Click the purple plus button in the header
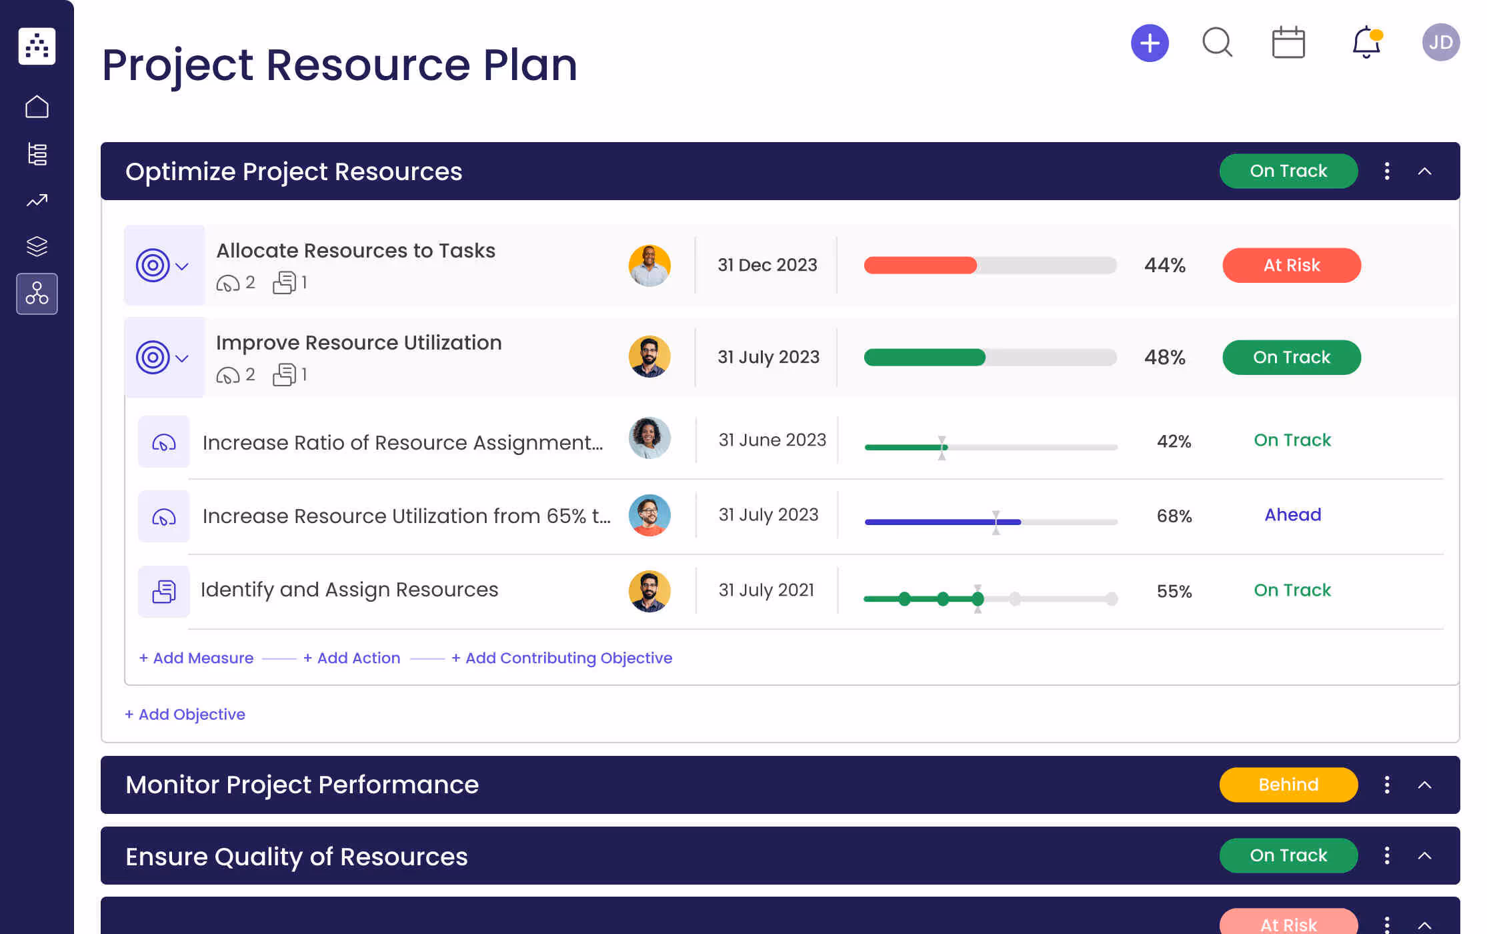(1150, 43)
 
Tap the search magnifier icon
(1217, 43)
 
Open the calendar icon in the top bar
(1288, 43)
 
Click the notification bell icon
(1366, 43)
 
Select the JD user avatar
(1440, 43)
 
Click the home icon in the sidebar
(37, 107)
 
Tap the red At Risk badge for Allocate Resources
(1291, 266)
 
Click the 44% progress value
(1164, 266)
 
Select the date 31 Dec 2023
(767, 266)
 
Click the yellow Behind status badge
(1288, 785)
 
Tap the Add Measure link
(197, 658)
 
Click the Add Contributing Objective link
(562, 658)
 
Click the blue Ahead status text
(1292, 515)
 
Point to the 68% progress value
(1174, 516)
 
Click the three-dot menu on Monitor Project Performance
(1387, 785)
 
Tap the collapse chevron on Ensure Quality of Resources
(1424, 856)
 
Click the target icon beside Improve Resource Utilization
(153, 358)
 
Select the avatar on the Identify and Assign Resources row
(649, 591)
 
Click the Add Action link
(352, 658)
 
